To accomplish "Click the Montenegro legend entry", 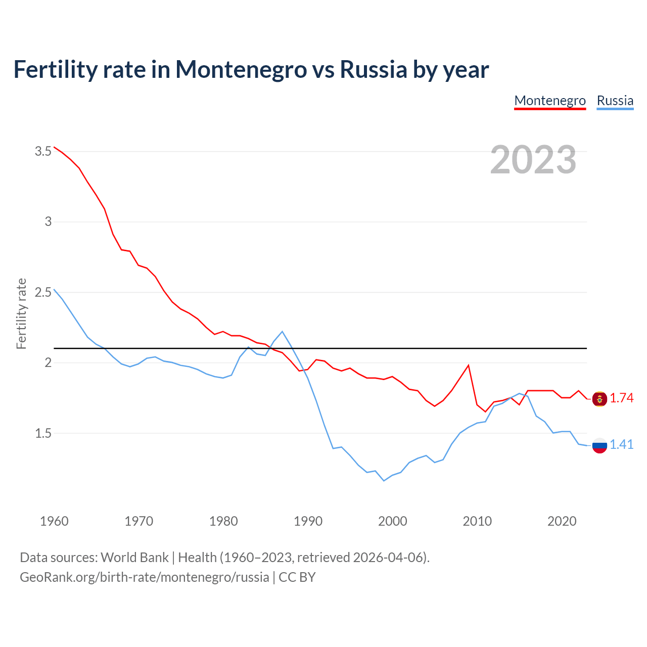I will point(550,101).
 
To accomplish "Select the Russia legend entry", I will point(615,101).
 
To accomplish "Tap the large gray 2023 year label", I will point(533,160).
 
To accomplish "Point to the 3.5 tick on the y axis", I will point(43,151).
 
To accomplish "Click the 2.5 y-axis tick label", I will point(43,292).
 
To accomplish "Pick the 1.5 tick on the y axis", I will point(43,433).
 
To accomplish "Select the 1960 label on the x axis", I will point(54,521).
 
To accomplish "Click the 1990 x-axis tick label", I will point(308,521).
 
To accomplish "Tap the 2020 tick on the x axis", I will point(562,521).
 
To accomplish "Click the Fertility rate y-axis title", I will point(21,313).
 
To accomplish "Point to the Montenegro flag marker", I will point(599,399).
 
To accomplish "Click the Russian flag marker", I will point(599,446).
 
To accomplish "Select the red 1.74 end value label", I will point(621,398).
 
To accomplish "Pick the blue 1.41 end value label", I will point(621,445).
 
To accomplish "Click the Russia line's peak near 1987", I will point(282,332).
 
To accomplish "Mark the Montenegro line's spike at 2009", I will point(469,365).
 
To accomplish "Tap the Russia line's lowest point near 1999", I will point(384,481).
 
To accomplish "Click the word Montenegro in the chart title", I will point(241,69).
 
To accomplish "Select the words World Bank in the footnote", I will point(134,558).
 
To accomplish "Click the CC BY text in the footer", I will point(297,577).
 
